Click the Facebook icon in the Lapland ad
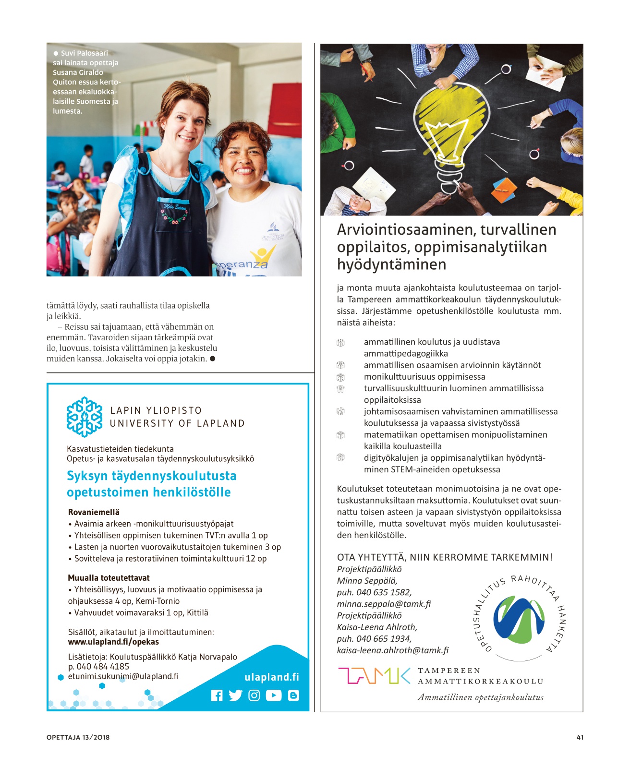(x=217, y=695)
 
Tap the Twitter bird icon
(x=235, y=695)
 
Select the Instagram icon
(x=254, y=695)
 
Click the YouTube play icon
(x=273, y=695)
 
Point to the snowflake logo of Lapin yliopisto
(x=85, y=417)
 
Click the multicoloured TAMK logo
(x=374, y=675)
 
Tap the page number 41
(x=580, y=737)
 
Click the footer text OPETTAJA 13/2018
(x=78, y=737)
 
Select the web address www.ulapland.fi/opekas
(x=113, y=642)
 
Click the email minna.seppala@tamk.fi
(x=384, y=604)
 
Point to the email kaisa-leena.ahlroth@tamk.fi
(x=392, y=650)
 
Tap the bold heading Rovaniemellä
(x=94, y=512)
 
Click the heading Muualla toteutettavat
(x=109, y=578)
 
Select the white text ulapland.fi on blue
(x=271, y=677)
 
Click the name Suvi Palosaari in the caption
(x=84, y=53)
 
